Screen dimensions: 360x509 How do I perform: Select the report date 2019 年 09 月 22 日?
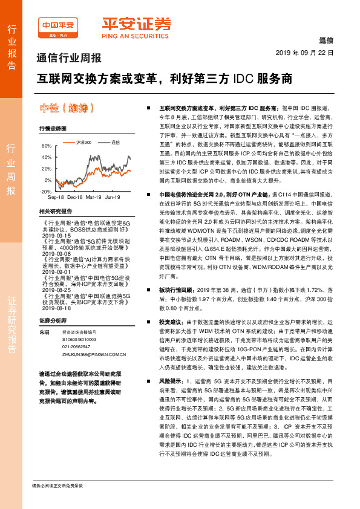308,53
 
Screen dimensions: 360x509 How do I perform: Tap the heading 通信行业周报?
69,59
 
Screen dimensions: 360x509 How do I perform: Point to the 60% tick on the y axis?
47,146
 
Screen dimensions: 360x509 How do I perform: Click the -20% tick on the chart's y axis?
45,191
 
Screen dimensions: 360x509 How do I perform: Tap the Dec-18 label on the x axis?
75,198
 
